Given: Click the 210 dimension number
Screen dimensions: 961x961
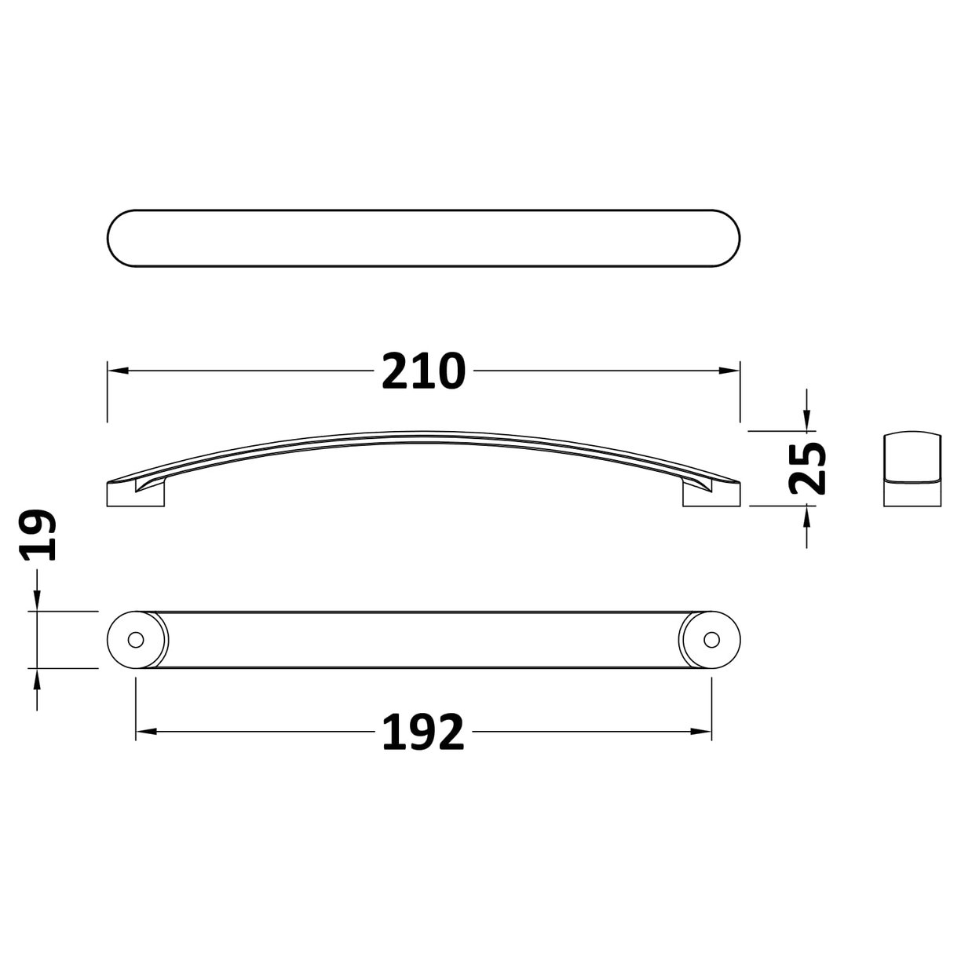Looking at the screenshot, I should (x=423, y=371).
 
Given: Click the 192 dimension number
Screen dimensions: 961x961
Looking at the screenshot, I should (x=423, y=733).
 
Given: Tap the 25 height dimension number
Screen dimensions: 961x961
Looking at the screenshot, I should (x=808, y=469).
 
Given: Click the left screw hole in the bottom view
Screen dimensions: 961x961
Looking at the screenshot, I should (x=136, y=639).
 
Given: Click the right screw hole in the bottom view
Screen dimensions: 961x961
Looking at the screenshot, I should (x=711, y=639).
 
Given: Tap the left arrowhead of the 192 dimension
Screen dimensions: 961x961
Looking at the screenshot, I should (x=144, y=733).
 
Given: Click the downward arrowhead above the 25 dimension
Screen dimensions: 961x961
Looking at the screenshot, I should (x=807, y=423).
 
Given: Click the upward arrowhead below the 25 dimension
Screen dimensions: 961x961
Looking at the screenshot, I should (x=807, y=514).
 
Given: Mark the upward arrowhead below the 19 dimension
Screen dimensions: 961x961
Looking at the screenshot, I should (x=37, y=676).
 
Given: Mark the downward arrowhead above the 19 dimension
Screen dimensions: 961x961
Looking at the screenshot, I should (x=37, y=602).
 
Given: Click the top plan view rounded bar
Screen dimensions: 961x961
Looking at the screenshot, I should (x=423, y=239).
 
